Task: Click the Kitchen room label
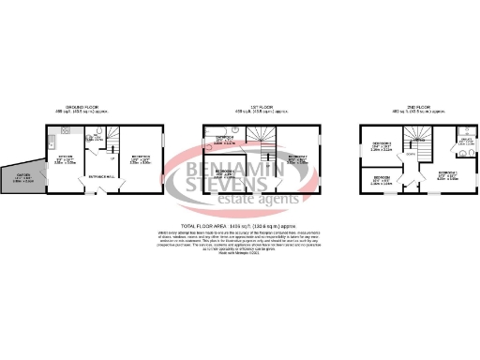[x=67, y=160]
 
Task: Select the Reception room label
[x=141, y=158]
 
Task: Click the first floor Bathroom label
[x=225, y=139]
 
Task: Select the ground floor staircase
[x=113, y=139]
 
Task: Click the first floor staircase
[x=268, y=141]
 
